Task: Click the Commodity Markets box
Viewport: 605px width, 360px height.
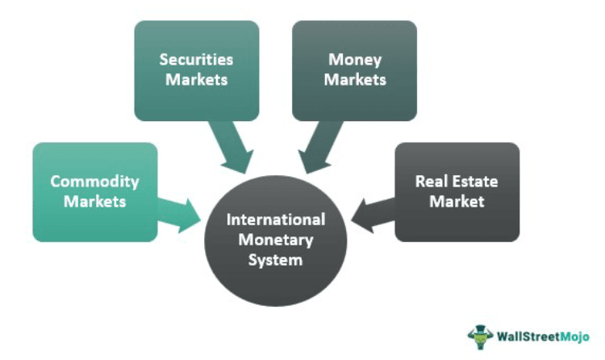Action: [x=94, y=191]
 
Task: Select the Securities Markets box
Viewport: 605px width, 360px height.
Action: [x=196, y=70]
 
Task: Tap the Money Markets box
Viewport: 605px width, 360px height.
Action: [x=354, y=70]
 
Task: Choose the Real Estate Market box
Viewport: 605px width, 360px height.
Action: [x=457, y=191]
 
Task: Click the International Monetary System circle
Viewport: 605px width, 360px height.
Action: [x=275, y=240]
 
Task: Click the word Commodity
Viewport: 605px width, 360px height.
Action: [x=94, y=182]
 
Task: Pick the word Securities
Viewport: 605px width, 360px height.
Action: [x=196, y=60]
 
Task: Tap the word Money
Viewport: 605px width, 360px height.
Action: [x=354, y=60]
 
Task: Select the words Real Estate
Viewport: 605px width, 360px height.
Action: [x=457, y=182]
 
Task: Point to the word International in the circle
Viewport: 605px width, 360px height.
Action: [x=275, y=220]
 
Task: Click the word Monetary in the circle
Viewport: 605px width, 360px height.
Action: [x=275, y=240]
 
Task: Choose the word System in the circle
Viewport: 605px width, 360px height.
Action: [x=275, y=260]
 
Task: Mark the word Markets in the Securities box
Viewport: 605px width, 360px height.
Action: [x=196, y=80]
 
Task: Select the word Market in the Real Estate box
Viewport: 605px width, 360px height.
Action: [x=457, y=202]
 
